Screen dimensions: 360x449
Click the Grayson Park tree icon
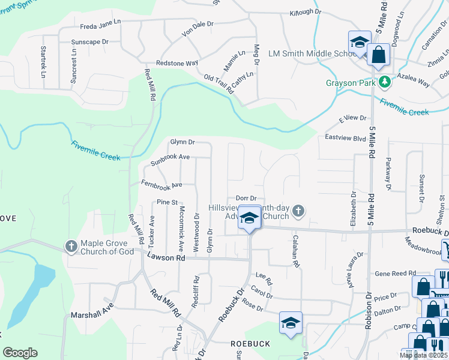coord(382,82)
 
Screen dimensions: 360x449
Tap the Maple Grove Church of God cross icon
coord(71,245)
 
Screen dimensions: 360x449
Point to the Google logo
coord(20,353)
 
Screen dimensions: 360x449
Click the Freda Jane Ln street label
coord(101,26)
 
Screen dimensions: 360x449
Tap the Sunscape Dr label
coord(89,42)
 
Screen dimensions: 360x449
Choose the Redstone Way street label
coord(177,63)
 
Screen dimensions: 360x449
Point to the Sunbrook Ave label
coord(170,160)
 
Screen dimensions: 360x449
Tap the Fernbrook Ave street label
coord(161,184)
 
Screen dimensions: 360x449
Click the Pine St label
coord(167,202)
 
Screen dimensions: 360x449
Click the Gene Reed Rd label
coord(395,273)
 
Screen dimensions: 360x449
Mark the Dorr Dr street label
coord(246,198)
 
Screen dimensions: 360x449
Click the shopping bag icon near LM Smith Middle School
coord(379,55)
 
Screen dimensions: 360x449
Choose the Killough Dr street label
coord(306,12)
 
